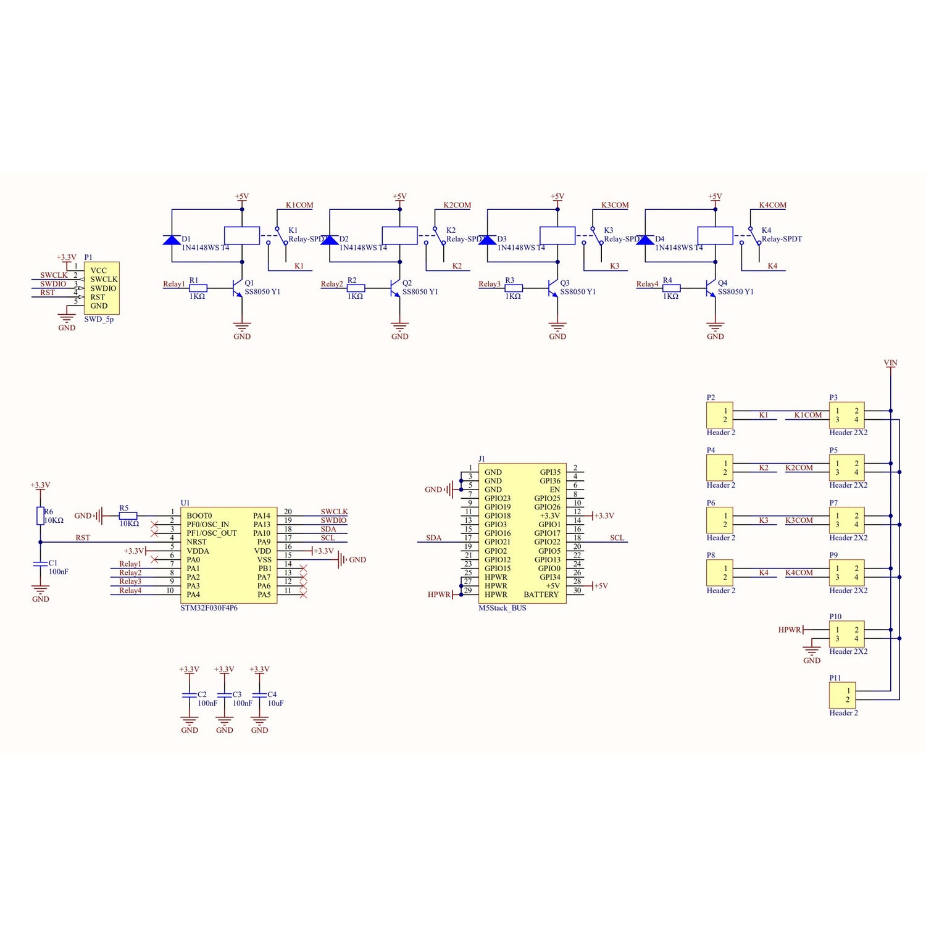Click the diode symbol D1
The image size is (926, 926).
172,240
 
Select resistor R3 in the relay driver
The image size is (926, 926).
514,288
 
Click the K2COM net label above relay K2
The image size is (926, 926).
457,205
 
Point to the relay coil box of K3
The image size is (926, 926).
557,235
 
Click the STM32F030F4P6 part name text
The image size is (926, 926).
209,608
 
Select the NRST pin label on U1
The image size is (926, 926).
196,542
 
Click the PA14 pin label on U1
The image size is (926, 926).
262,515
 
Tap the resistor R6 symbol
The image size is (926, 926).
40,515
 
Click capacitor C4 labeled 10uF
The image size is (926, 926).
259,695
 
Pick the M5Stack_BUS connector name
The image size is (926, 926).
502,608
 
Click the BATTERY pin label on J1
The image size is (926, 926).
541,594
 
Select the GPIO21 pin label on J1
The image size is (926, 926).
497,542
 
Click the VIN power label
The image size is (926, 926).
890,363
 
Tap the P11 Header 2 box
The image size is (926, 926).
842,695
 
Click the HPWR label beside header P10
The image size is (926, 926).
789,630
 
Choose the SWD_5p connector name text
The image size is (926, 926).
99,319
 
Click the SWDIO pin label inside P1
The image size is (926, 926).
103,288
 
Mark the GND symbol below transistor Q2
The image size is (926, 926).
399,329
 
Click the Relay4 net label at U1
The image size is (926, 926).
130,591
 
